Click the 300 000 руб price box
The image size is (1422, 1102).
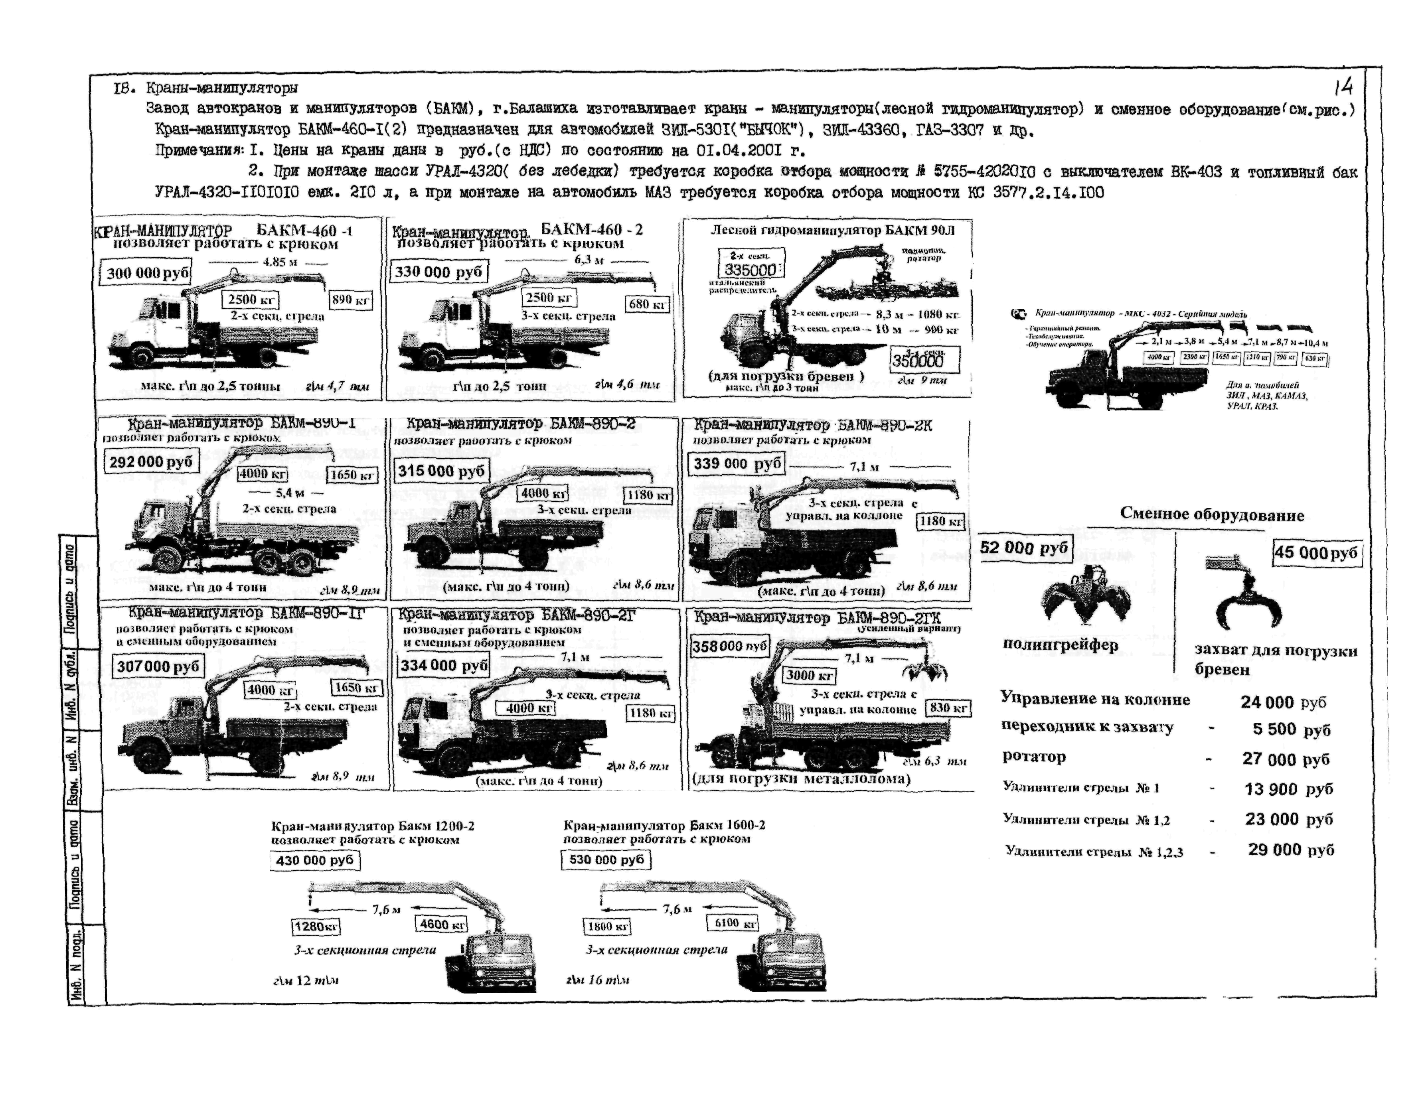click(x=146, y=273)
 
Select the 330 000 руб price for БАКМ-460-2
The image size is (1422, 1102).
click(x=438, y=272)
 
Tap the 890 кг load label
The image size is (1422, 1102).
click(x=351, y=300)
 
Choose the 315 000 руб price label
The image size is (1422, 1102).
click(x=441, y=471)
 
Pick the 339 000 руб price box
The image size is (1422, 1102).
click(x=737, y=463)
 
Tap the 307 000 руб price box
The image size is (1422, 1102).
click(x=158, y=666)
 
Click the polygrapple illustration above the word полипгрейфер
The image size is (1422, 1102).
click(x=1085, y=595)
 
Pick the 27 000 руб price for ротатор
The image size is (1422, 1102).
click(x=1285, y=759)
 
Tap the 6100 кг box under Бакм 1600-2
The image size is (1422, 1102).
click(x=732, y=923)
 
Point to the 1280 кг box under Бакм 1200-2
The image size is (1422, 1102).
click(x=316, y=926)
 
